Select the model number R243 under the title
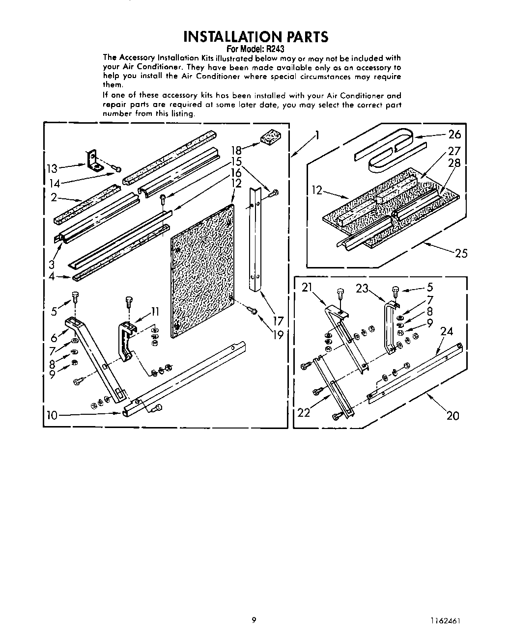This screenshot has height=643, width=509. (276, 49)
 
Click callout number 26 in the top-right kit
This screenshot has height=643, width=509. (455, 134)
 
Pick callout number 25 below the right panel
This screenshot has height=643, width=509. (461, 253)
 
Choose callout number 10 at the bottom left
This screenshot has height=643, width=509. (52, 415)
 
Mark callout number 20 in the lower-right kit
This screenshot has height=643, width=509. (452, 415)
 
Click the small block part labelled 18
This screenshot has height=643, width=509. (269, 138)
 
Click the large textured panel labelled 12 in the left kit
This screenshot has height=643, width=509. (201, 270)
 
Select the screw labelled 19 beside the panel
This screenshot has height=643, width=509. (253, 310)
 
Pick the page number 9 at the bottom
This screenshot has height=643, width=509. (254, 620)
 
